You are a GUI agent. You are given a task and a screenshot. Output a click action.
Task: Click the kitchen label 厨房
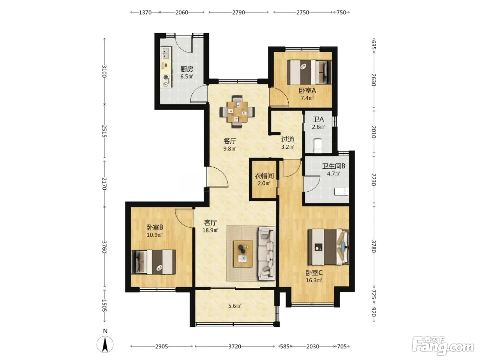(187, 69)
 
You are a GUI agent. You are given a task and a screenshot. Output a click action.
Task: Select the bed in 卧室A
(309, 72)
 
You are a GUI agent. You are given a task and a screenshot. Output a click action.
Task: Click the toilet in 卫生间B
(341, 191)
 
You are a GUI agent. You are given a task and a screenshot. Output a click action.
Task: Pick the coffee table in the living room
(243, 254)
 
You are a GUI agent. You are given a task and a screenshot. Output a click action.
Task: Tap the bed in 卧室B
(153, 262)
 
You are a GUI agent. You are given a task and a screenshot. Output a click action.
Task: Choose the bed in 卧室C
(328, 247)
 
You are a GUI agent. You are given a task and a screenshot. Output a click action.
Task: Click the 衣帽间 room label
(264, 176)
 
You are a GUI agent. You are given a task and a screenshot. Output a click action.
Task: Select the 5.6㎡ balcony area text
(235, 306)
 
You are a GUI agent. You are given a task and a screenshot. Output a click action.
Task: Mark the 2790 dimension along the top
(238, 12)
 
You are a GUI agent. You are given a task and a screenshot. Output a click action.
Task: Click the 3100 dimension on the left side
(105, 71)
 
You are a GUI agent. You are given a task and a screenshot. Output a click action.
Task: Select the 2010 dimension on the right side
(374, 132)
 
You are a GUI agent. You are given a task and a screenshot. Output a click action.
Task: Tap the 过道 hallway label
(288, 139)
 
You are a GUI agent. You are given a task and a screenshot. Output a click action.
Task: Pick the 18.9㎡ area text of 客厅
(211, 230)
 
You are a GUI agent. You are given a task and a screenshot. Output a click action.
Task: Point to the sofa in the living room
(266, 254)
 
